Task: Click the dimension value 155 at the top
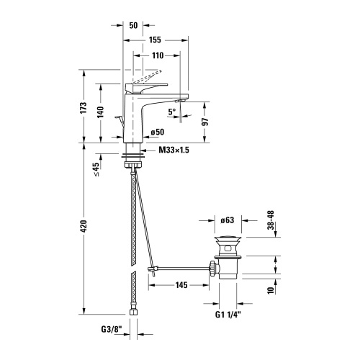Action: point(155,42)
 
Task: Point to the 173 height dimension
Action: point(85,109)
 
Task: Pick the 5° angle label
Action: point(171,112)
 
